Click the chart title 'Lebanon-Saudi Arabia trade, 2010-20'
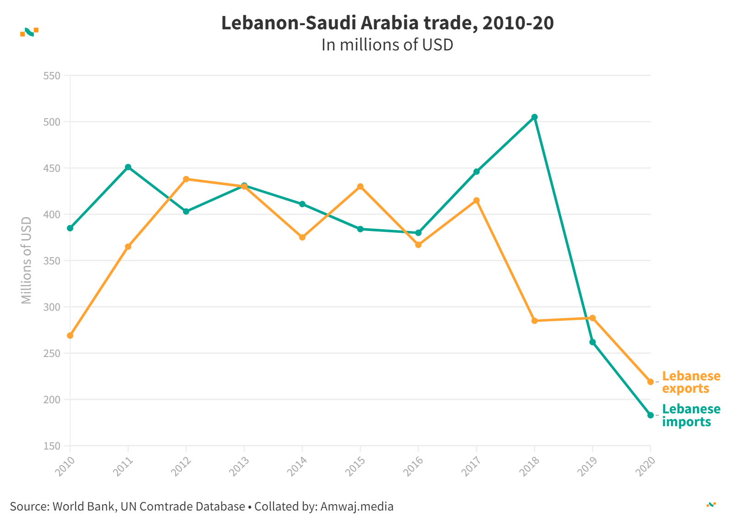[x=387, y=23]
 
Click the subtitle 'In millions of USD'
[x=387, y=45]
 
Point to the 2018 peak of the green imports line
[x=534, y=117]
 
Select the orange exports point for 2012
[x=186, y=179]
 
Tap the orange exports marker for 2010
[x=70, y=335]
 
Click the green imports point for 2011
[x=128, y=167]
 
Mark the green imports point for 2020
[x=650, y=415]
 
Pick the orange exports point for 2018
[x=534, y=321]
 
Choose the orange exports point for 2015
[x=360, y=187]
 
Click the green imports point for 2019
[x=592, y=342]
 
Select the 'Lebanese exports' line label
[x=691, y=382]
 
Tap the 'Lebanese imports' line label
[x=691, y=415]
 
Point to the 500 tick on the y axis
[x=52, y=122]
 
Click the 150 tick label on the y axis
[x=52, y=446]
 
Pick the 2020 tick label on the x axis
[x=645, y=467]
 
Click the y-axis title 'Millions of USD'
[x=27, y=260]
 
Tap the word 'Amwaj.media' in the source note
[x=357, y=506]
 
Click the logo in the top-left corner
[x=29, y=32]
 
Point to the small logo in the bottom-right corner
[x=711, y=505]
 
